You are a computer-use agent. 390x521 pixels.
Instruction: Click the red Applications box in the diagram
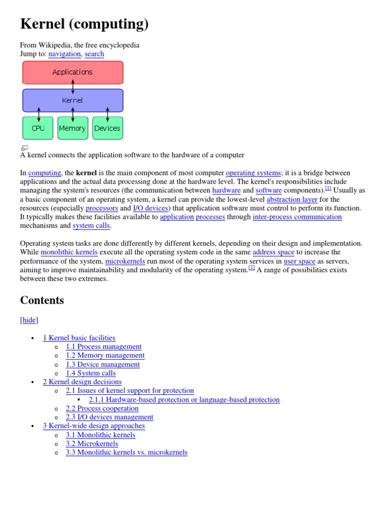point(73,73)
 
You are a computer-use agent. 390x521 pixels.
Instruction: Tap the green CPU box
point(38,128)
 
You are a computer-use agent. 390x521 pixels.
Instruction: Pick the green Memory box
point(73,128)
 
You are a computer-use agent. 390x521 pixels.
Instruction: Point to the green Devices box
point(107,128)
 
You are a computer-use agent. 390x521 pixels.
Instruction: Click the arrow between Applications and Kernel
point(73,86)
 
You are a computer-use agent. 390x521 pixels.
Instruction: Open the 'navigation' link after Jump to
point(64,54)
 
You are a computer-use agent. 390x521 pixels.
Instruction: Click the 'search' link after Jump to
point(94,54)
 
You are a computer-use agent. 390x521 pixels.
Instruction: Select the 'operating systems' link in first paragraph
point(253,173)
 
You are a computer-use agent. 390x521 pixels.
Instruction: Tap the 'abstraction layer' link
point(291,199)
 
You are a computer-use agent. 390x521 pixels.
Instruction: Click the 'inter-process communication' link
point(297,217)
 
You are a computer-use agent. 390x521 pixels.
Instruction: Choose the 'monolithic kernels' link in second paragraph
point(69,252)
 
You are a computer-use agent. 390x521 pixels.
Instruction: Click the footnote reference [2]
point(251,268)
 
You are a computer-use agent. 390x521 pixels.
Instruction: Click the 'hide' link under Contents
point(29,320)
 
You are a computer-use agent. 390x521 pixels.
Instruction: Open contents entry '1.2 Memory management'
point(105,355)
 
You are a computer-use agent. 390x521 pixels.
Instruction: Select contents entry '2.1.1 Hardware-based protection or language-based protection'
point(184,399)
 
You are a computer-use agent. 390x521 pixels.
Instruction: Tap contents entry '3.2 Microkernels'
point(92,443)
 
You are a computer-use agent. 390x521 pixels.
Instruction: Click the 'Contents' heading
point(42,300)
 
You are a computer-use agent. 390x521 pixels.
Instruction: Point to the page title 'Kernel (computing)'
point(84,24)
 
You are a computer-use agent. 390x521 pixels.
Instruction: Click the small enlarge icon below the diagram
point(24,148)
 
